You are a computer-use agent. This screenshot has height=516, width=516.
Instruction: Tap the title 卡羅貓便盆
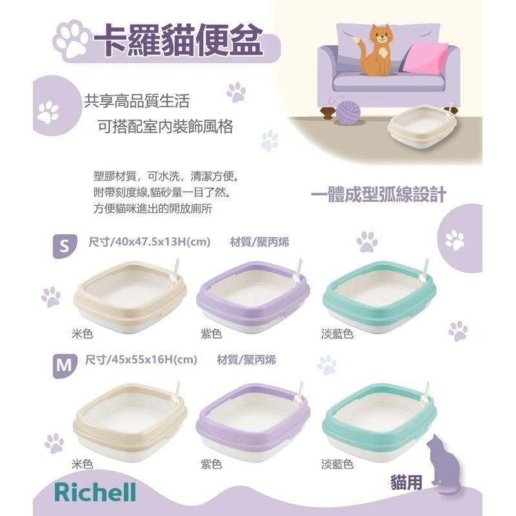coord(177,40)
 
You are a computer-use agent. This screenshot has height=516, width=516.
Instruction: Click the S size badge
coord(64,246)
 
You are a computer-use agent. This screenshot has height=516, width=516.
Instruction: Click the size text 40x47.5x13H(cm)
coord(148,243)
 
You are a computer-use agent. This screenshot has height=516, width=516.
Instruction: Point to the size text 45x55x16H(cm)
coord(140,360)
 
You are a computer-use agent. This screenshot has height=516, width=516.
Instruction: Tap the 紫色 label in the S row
coord(211,334)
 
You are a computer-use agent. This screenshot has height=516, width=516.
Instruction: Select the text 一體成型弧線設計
coord(378,195)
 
